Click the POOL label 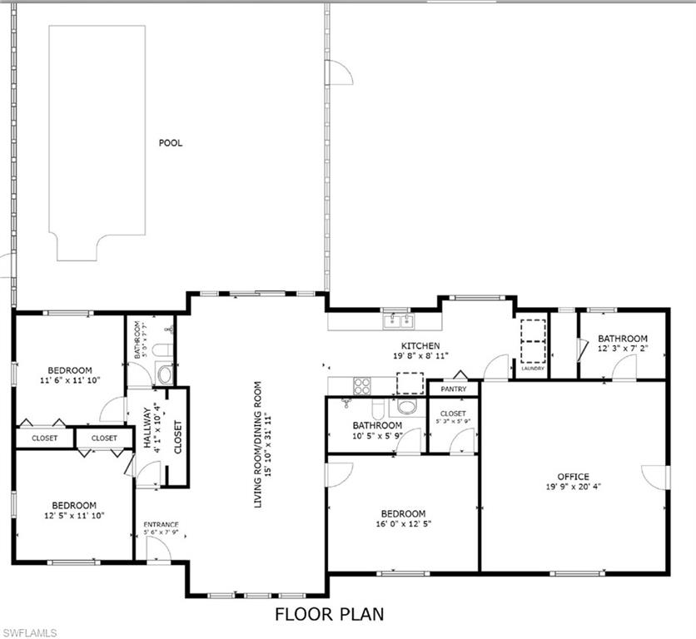tap(171, 143)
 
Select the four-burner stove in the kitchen tap(363, 385)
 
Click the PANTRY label tap(453, 389)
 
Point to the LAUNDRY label tap(532, 368)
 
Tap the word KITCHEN tap(420, 346)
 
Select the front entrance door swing tap(155, 548)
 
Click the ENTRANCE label tap(161, 524)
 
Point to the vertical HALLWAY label tap(147, 428)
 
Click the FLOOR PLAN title tap(330, 615)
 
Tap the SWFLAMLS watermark tap(30, 632)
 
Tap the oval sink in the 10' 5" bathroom tap(406, 407)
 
